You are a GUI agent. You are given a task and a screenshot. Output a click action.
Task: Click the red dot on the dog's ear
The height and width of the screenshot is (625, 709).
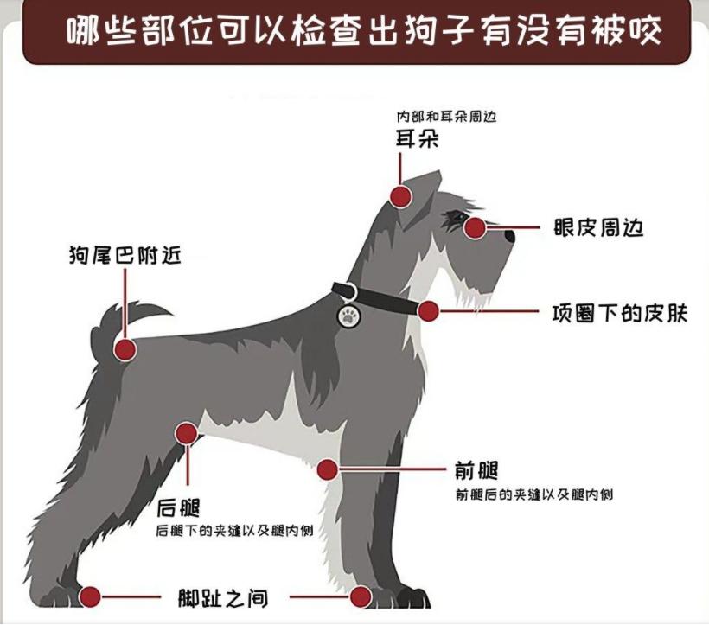(x=400, y=196)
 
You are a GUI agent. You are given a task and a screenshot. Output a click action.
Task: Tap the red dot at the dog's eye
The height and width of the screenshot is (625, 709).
(x=475, y=227)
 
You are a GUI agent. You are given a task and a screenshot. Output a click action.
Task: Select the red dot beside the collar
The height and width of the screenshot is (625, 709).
(x=428, y=311)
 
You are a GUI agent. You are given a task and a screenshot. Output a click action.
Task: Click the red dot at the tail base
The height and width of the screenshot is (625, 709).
(x=125, y=349)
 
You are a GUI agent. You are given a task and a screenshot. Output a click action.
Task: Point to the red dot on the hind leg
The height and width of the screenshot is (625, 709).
(x=187, y=433)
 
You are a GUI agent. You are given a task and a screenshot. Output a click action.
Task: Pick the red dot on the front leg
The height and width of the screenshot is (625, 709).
(x=327, y=469)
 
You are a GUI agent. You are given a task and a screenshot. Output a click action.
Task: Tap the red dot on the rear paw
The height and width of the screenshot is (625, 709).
(x=91, y=596)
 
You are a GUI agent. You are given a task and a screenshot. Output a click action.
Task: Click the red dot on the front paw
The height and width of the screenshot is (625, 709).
(x=361, y=596)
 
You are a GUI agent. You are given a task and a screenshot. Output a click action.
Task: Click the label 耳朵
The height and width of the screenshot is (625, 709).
(x=417, y=138)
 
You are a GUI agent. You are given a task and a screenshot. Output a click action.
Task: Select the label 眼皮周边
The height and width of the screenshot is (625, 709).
(x=598, y=228)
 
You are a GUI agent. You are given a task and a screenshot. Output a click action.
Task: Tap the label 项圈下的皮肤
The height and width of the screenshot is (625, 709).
(x=619, y=312)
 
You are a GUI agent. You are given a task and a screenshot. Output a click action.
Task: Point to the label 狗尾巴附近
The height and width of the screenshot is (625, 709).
(x=125, y=255)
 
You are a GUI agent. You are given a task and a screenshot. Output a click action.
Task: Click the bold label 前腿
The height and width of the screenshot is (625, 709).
(x=476, y=471)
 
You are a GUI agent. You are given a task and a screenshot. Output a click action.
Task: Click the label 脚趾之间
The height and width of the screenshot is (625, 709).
(x=222, y=597)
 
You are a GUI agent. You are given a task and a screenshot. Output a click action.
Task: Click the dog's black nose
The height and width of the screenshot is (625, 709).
(x=510, y=235)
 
